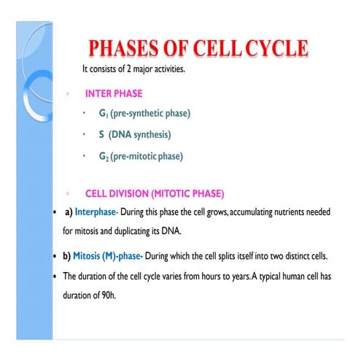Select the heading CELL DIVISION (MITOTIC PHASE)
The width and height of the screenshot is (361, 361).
coord(155,194)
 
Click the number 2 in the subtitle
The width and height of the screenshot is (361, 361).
coord(128,69)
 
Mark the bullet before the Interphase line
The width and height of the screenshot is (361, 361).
coord(57,211)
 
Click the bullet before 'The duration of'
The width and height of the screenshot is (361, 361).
coord(57,276)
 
